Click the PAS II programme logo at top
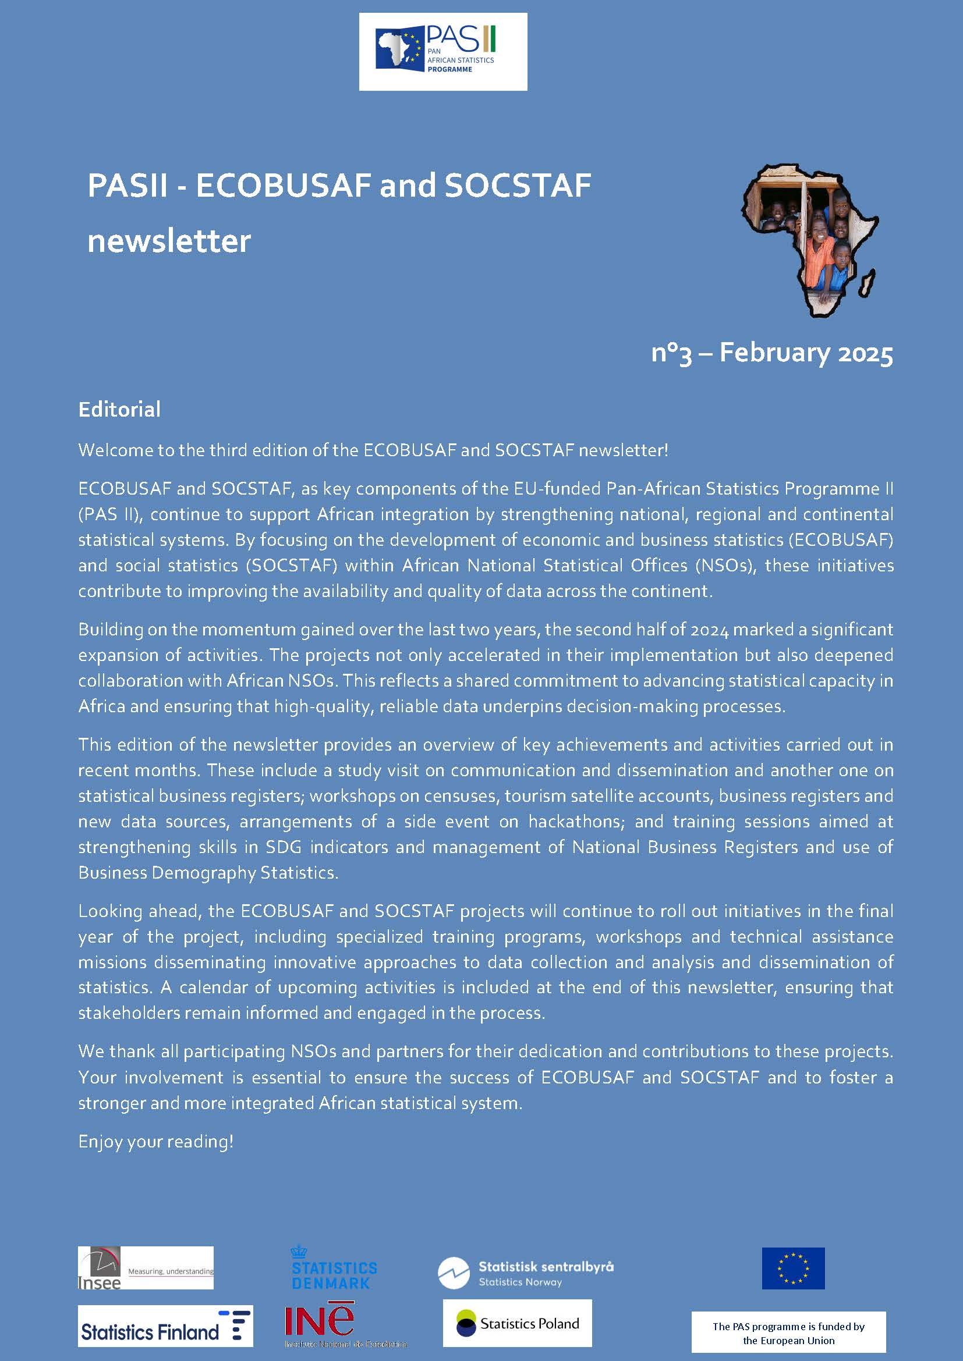point(442,52)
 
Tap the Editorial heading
point(119,409)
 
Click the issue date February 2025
point(806,353)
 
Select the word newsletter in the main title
point(169,241)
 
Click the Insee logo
point(146,1268)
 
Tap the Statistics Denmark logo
point(334,1268)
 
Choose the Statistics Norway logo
point(525,1272)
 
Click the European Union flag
point(793,1268)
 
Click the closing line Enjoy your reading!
point(156,1141)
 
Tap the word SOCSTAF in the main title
point(518,186)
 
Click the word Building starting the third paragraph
point(110,630)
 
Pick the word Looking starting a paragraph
point(110,911)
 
